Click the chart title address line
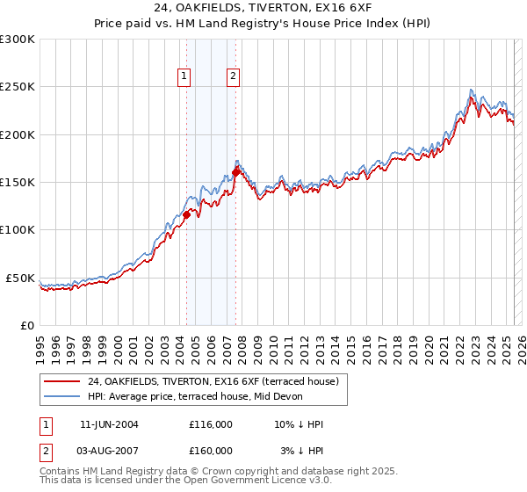coord(263,8)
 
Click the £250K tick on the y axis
coord(18,87)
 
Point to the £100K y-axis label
coord(18,229)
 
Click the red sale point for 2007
coord(235,172)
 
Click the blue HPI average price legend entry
coord(195,396)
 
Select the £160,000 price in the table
coord(211,451)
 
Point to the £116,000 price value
coord(211,424)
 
